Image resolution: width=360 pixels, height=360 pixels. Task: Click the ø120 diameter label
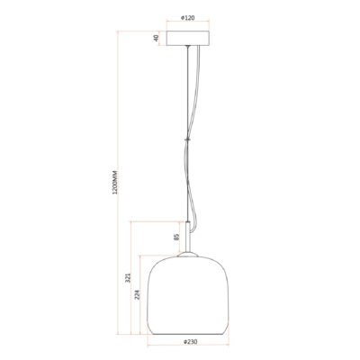(x=188, y=18)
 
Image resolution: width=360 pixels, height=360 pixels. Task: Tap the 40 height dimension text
(x=156, y=38)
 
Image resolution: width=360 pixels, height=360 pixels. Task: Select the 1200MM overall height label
(x=115, y=182)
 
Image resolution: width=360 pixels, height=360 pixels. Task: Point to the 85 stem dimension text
(x=176, y=237)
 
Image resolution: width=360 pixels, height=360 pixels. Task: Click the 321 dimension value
(x=128, y=278)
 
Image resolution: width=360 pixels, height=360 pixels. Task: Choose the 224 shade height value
(x=137, y=295)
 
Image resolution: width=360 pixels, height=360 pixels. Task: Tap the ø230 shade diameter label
(x=191, y=342)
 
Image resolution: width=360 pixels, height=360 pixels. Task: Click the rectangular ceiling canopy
(x=188, y=38)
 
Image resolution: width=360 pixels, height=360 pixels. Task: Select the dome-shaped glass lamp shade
(x=188, y=295)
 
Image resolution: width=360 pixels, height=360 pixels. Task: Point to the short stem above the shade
(x=188, y=237)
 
